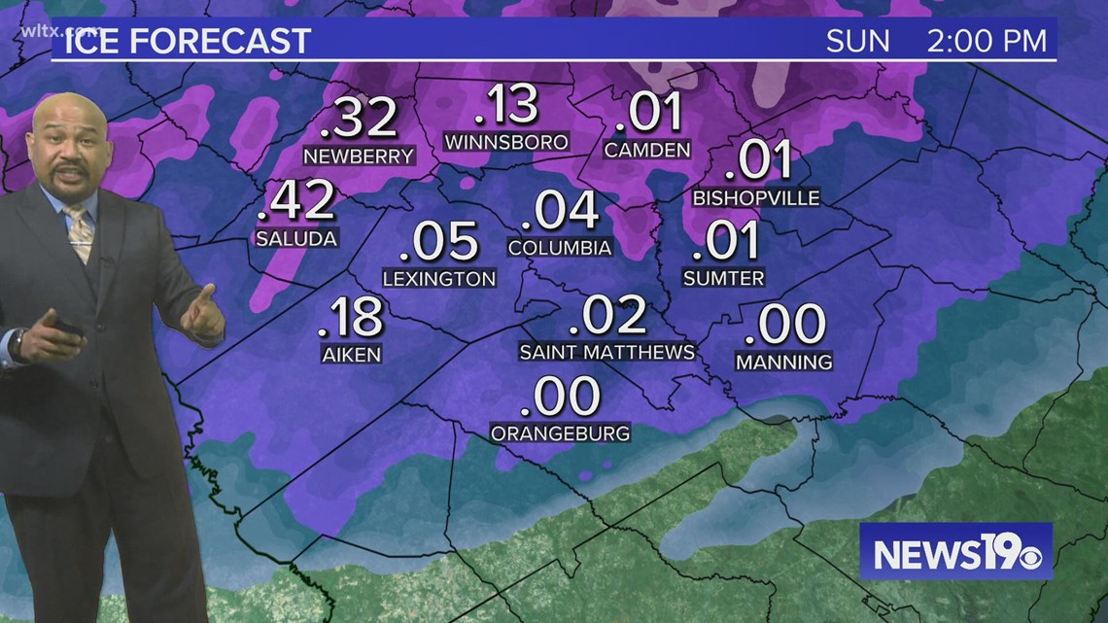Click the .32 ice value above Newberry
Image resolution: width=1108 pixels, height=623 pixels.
click(359, 118)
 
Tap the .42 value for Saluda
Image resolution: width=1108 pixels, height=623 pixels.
click(297, 201)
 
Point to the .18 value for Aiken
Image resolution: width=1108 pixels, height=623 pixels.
click(352, 317)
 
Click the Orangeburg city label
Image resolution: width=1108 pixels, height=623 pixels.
click(561, 433)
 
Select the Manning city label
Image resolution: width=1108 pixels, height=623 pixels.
click(783, 363)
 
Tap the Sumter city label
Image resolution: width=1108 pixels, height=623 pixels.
click(723, 278)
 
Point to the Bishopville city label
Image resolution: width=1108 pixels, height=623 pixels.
click(756, 198)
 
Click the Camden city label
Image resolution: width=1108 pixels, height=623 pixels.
click(646, 150)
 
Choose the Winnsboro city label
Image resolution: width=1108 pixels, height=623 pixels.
click(505, 143)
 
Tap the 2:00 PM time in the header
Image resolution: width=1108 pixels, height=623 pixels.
click(987, 41)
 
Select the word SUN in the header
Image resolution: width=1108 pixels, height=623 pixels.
click(858, 41)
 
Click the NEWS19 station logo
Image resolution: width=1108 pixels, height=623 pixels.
click(954, 552)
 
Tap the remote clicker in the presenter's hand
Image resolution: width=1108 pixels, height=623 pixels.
click(67, 328)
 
